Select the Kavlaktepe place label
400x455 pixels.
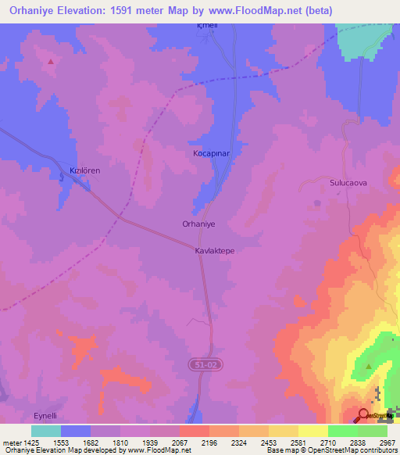click(x=215, y=253)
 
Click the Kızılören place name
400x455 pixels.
click(x=85, y=170)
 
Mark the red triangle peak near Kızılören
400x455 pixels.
click(x=52, y=61)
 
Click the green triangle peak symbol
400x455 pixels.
click(x=369, y=365)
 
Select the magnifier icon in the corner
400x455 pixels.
click(x=365, y=414)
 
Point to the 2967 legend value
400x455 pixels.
click(x=387, y=442)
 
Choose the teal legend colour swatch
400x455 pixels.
click(x=46, y=431)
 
